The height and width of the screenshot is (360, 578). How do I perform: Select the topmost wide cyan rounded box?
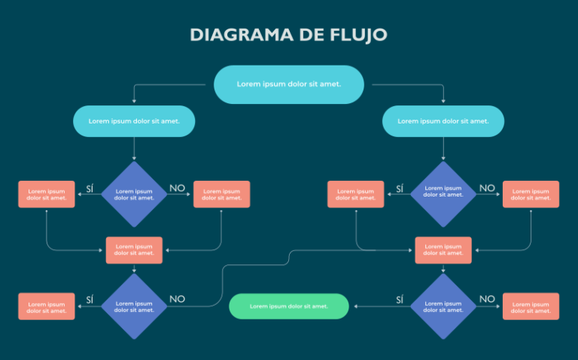point(289,84)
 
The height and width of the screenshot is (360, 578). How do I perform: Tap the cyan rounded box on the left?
point(135,121)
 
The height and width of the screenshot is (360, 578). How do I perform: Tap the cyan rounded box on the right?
point(443,121)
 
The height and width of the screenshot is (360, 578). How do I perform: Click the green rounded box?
point(289,307)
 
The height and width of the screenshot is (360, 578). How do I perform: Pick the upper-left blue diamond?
point(135,194)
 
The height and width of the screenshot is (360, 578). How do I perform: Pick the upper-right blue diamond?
point(443,194)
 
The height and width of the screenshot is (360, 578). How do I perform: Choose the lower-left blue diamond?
point(135,307)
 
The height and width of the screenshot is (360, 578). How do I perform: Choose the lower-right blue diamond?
point(443,307)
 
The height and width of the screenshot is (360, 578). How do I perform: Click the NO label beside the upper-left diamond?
point(177,188)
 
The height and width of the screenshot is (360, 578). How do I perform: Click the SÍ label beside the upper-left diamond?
point(90,188)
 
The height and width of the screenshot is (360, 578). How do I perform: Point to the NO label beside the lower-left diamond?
point(177,299)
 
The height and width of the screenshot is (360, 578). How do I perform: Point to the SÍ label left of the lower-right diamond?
point(400,300)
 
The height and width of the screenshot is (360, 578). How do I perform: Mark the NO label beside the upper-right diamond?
point(487,188)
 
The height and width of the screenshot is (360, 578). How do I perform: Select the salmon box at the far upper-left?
point(47,194)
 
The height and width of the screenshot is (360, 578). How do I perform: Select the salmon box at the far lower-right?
point(531,307)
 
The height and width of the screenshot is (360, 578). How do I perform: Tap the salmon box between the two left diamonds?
point(135,250)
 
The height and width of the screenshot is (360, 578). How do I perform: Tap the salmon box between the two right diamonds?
point(443,250)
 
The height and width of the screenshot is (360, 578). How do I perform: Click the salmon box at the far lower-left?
point(47,307)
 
